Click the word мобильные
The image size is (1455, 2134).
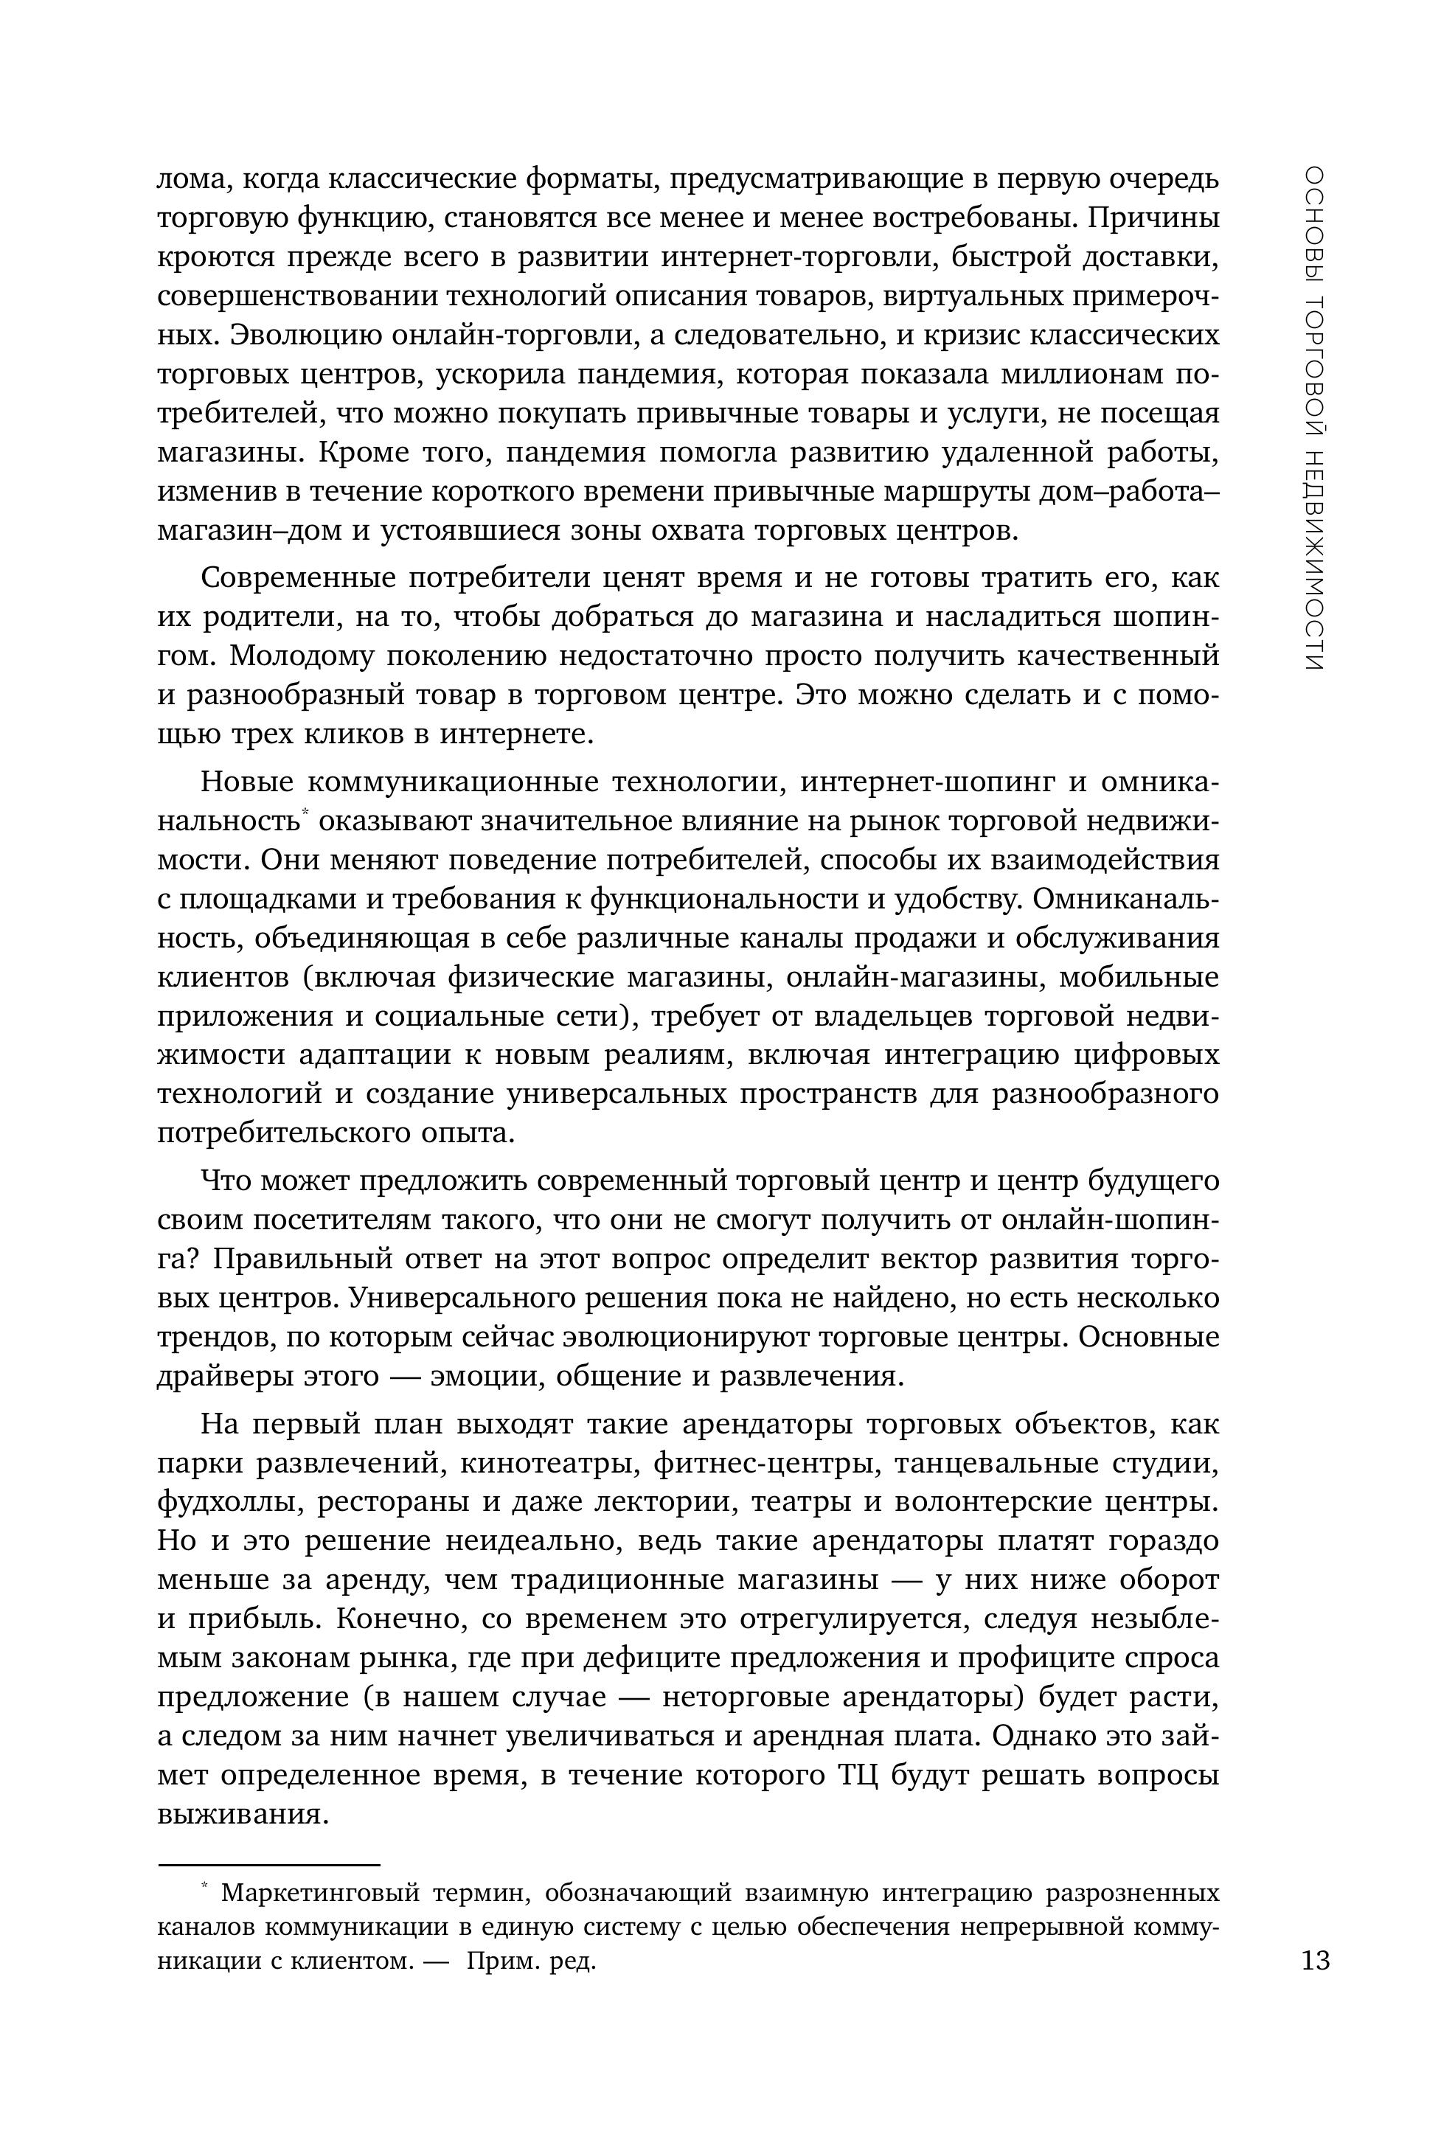pyautogui.click(x=1139, y=978)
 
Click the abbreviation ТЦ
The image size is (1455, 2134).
pyautogui.click(x=858, y=1775)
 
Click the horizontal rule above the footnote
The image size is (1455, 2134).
pyautogui.click(x=268, y=1866)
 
